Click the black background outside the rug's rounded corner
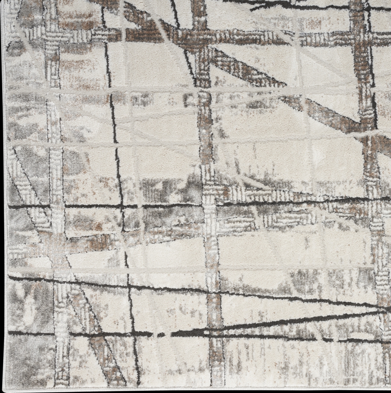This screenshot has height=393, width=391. coord(2,391)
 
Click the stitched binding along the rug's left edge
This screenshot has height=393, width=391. coord(5,187)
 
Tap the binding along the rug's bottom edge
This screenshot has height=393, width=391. coord(187,389)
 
